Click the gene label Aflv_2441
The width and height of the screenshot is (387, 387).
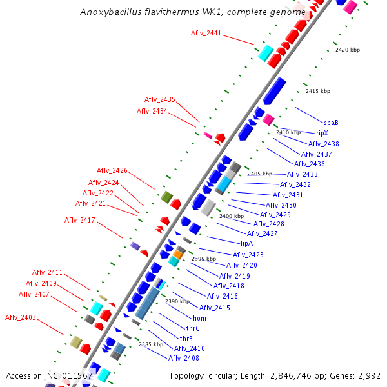pyautogui.click(x=206, y=33)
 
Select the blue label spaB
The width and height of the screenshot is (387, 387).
pyautogui.click(x=331, y=122)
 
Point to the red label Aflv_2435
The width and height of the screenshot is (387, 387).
pyautogui.click(x=159, y=99)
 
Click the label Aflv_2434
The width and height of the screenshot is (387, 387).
pyautogui.click(x=152, y=111)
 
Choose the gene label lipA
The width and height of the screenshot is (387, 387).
pyautogui.click(x=246, y=244)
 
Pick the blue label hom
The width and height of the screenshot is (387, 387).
pyautogui.click(x=199, y=319)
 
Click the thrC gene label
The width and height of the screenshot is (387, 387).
pyautogui.click(x=193, y=328)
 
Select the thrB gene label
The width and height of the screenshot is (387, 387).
pyautogui.click(x=186, y=339)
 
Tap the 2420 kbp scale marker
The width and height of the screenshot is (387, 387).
pyautogui.click(x=347, y=50)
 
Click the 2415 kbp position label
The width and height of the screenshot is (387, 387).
pyautogui.click(x=317, y=91)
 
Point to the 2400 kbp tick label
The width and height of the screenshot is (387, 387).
pyautogui.click(x=232, y=216)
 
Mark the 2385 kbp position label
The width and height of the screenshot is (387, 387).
pyautogui.click(x=150, y=344)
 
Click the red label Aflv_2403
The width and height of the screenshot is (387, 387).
pyautogui.click(x=21, y=317)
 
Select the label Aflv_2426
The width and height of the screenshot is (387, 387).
pyautogui.click(x=112, y=170)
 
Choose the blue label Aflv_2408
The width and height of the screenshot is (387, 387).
pyautogui.click(x=184, y=358)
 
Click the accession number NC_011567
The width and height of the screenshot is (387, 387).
pyautogui.click(x=70, y=375)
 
